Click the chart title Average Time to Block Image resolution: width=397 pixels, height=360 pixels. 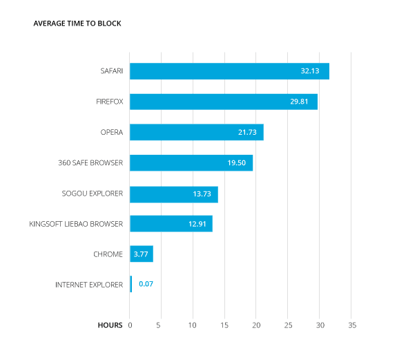coord(77,23)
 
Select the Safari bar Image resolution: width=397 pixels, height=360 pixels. coord(229,71)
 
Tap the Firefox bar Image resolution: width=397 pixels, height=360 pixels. coord(224,102)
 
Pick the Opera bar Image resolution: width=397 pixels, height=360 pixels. coord(197,132)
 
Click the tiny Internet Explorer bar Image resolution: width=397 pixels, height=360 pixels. coord(131,284)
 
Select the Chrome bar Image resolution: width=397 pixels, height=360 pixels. coord(142,254)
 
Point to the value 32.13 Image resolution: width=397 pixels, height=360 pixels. coord(310,71)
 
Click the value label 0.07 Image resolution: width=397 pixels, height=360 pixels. coord(146,284)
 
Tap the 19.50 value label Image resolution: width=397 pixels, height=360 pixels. coord(237,163)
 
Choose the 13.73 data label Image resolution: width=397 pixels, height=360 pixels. coord(202,194)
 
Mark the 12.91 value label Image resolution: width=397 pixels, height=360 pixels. coord(197,224)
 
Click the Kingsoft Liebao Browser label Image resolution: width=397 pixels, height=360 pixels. coord(76,224)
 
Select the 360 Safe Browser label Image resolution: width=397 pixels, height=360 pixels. coord(90,162)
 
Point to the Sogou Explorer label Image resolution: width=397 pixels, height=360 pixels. coord(92,193)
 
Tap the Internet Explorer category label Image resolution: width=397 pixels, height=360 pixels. coord(89,285)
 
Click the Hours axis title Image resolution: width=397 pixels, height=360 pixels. coord(110,325)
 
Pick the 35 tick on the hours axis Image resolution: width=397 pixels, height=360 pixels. coord(352,325)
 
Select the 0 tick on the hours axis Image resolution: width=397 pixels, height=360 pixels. coord(130,325)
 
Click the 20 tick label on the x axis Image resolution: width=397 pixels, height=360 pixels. coord(256,325)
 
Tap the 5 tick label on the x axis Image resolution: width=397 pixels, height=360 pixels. coord(158,325)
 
